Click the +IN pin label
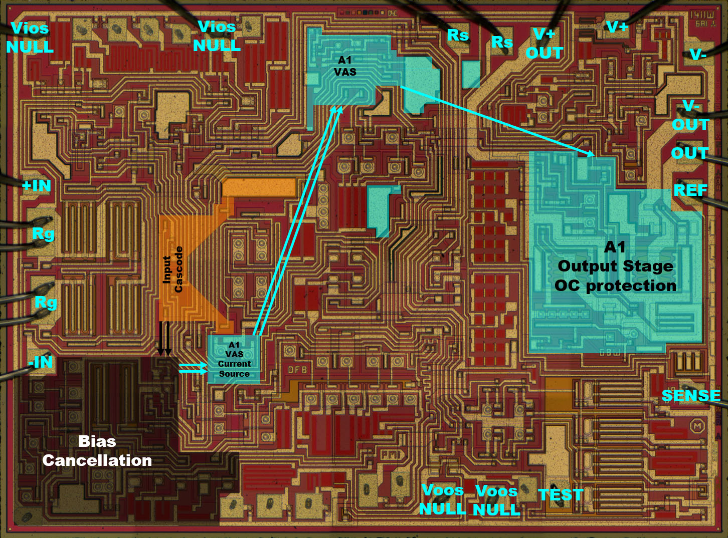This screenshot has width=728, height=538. click(37, 186)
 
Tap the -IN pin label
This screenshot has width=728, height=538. click(41, 361)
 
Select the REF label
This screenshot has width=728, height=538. click(690, 190)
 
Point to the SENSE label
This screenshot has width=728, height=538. click(691, 396)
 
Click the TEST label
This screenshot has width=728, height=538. click(561, 495)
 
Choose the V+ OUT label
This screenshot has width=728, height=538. click(544, 44)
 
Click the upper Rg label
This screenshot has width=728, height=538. click(43, 233)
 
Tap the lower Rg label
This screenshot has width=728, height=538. click(45, 302)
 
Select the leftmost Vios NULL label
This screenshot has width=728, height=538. click(30, 38)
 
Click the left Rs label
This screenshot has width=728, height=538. click(458, 35)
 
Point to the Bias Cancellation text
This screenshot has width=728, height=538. click(97, 451)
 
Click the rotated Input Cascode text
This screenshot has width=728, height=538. click(173, 269)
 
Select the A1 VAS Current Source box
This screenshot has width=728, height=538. click(234, 359)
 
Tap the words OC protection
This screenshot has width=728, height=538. click(615, 286)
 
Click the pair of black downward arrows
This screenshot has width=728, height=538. click(164, 339)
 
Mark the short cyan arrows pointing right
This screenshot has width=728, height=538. click(194, 369)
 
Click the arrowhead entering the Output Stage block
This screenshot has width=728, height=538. click(591, 154)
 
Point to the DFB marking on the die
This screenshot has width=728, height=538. click(297, 370)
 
